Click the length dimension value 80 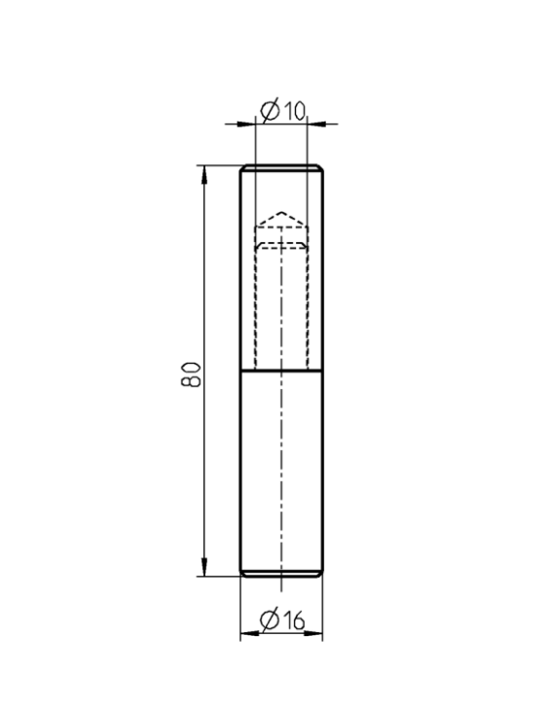click(x=194, y=372)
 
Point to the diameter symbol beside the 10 click(x=271, y=111)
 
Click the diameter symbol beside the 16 click(x=271, y=618)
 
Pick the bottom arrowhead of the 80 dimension click(x=204, y=569)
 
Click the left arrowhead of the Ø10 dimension click(x=247, y=124)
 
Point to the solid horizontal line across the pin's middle click(x=281, y=371)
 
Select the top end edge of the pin click(x=281, y=167)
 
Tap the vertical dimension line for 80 click(x=204, y=292)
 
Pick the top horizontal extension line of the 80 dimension click(x=219, y=166)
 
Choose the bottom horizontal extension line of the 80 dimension click(x=219, y=577)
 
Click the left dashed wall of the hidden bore click(x=255, y=301)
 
